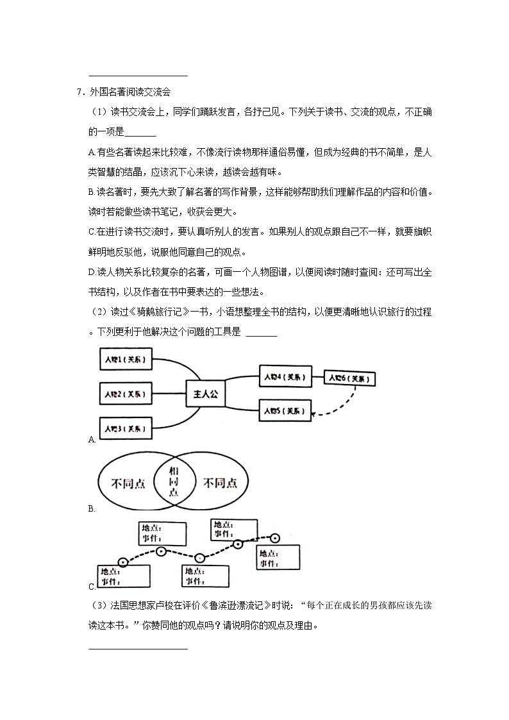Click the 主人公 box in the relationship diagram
pyautogui.click(x=205, y=395)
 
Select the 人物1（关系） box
pyautogui.click(x=126, y=360)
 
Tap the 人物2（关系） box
pyautogui.click(x=126, y=393)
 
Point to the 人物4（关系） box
pyautogui.click(x=285, y=376)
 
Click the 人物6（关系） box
pyautogui.click(x=349, y=378)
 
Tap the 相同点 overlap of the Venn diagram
pyautogui.click(x=173, y=482)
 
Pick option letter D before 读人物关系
pyautogui.click(x=92, y=272)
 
